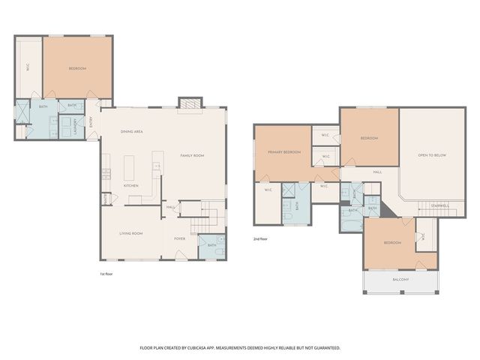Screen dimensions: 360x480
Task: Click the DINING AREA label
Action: click(x=132, y=132)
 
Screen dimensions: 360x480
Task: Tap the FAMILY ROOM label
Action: click(x=192, y=155)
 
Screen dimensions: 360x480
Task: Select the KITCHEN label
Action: click(x=131, y=185)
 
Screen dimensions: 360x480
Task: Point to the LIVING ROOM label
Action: click(x=131, y=233)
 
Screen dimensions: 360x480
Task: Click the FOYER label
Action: click(x=180, y=238)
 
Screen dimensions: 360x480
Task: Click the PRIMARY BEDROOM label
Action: click(x=284, y=152)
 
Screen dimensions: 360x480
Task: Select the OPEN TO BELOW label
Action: click(x=432, y=155)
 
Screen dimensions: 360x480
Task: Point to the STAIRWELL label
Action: click(x=439, y=205)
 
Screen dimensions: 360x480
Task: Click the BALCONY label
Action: click(x=401, y=280)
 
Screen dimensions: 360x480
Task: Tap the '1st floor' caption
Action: click(x=107, y=274)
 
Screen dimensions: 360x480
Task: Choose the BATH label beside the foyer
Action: click(x=211, y=245)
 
